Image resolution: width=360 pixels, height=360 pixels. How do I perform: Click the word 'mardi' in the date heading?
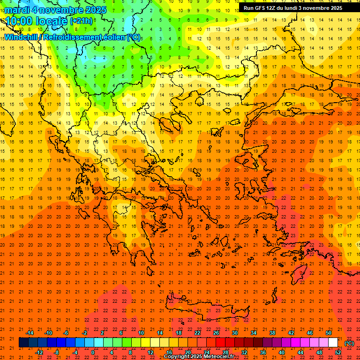pyautogui.click(x=17, y=10)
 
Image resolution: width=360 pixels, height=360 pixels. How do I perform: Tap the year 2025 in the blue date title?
pyautogui.click(x=94, y=10)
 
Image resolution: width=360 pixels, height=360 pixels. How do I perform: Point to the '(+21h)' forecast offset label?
pyautogui.click(x=81, y=22)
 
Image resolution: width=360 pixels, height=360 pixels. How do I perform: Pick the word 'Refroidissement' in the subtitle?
pyautogui.click(x=72, y=37)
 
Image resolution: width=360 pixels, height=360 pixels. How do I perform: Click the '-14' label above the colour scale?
pyautogui.click(x=30, y=333)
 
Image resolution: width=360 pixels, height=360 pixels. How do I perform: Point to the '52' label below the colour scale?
pyautogui.click(x=338, y=352)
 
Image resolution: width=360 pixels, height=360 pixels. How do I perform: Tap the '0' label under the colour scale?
pyautogui.click(x=93, y=352)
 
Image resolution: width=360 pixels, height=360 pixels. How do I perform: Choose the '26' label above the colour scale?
pyautogui.click(x=216, y=333)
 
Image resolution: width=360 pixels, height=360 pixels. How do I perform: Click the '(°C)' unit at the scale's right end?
pyautogui.click(x=349, y=343)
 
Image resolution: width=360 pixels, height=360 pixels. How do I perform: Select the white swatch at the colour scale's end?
pyautogui.click(x=333, y=343)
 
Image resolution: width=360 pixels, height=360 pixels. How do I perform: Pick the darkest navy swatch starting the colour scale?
pyautogui.click(x=23, y=343)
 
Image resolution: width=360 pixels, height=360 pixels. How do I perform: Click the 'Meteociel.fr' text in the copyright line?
pyautogui.click(x=219, y=357)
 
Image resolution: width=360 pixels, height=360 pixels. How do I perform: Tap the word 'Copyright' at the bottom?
pyautogui.click(x=177, y=357)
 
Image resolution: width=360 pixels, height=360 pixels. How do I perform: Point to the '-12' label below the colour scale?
pyautogui.click(x=39, y=352)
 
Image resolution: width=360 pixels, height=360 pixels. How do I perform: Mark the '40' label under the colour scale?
pyautogui.click(x=282, y=352)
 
